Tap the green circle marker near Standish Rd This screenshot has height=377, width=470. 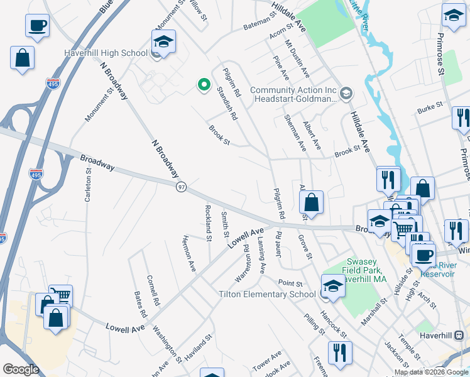(x=203, y=84)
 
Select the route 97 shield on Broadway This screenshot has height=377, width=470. (x=182, y=187)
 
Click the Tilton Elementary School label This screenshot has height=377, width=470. (x=267, y=294)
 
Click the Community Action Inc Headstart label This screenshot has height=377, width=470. (x=294, y=94)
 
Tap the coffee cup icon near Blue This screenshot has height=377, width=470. (x=37, y=26)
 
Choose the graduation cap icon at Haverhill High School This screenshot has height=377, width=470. (x=163, y=42)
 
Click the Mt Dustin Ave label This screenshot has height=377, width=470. (x=297, y=59)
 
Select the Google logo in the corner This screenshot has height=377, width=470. (x=20, y=369)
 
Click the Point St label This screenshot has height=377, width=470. (x=290, y=284)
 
